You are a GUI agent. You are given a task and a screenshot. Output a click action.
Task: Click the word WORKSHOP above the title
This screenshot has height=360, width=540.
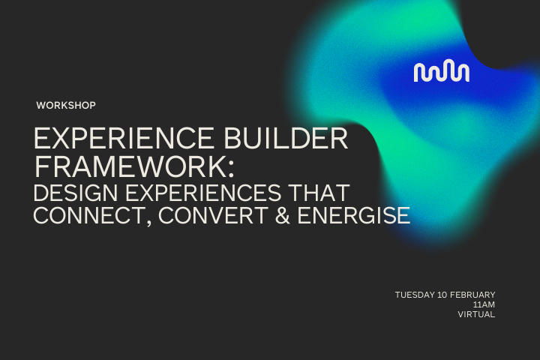(x=66, y=106)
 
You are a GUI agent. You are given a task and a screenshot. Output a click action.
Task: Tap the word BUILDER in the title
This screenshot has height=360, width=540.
(x=295, y=140)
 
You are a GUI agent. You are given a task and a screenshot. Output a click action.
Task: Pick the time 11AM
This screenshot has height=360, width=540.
(x=484, y=304)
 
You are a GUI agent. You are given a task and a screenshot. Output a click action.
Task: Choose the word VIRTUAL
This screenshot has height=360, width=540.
(x=476, y=315)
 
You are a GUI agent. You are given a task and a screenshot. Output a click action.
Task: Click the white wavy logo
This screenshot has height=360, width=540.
(x=442, y=72)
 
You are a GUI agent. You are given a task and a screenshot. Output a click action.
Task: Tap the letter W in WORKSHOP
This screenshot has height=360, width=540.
(x=40, y=106)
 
